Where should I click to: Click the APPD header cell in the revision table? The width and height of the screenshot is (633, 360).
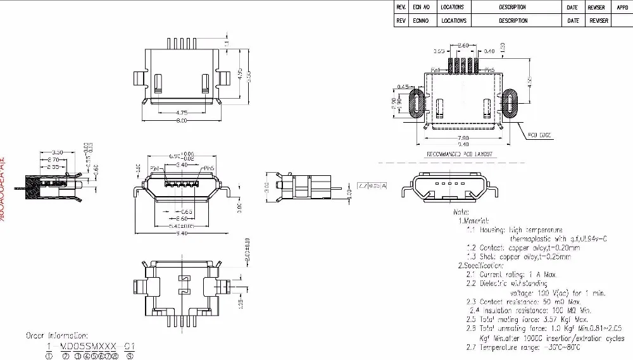622,7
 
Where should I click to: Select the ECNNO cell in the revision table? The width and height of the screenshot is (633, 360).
421,21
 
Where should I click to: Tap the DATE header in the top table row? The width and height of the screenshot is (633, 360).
573,7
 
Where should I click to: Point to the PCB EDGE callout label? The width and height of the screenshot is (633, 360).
538,135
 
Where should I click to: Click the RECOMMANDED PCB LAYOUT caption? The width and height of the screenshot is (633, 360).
459,154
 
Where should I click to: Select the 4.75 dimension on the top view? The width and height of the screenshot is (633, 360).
182,113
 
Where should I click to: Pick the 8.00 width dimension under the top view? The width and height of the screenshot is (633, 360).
182,121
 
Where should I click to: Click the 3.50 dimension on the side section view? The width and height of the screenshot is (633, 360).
56,152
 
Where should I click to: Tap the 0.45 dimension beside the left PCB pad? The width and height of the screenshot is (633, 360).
401,86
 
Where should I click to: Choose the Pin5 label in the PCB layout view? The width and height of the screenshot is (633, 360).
489,69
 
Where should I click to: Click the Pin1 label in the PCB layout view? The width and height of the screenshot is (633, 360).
436,69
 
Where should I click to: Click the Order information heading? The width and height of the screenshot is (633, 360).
57,335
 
